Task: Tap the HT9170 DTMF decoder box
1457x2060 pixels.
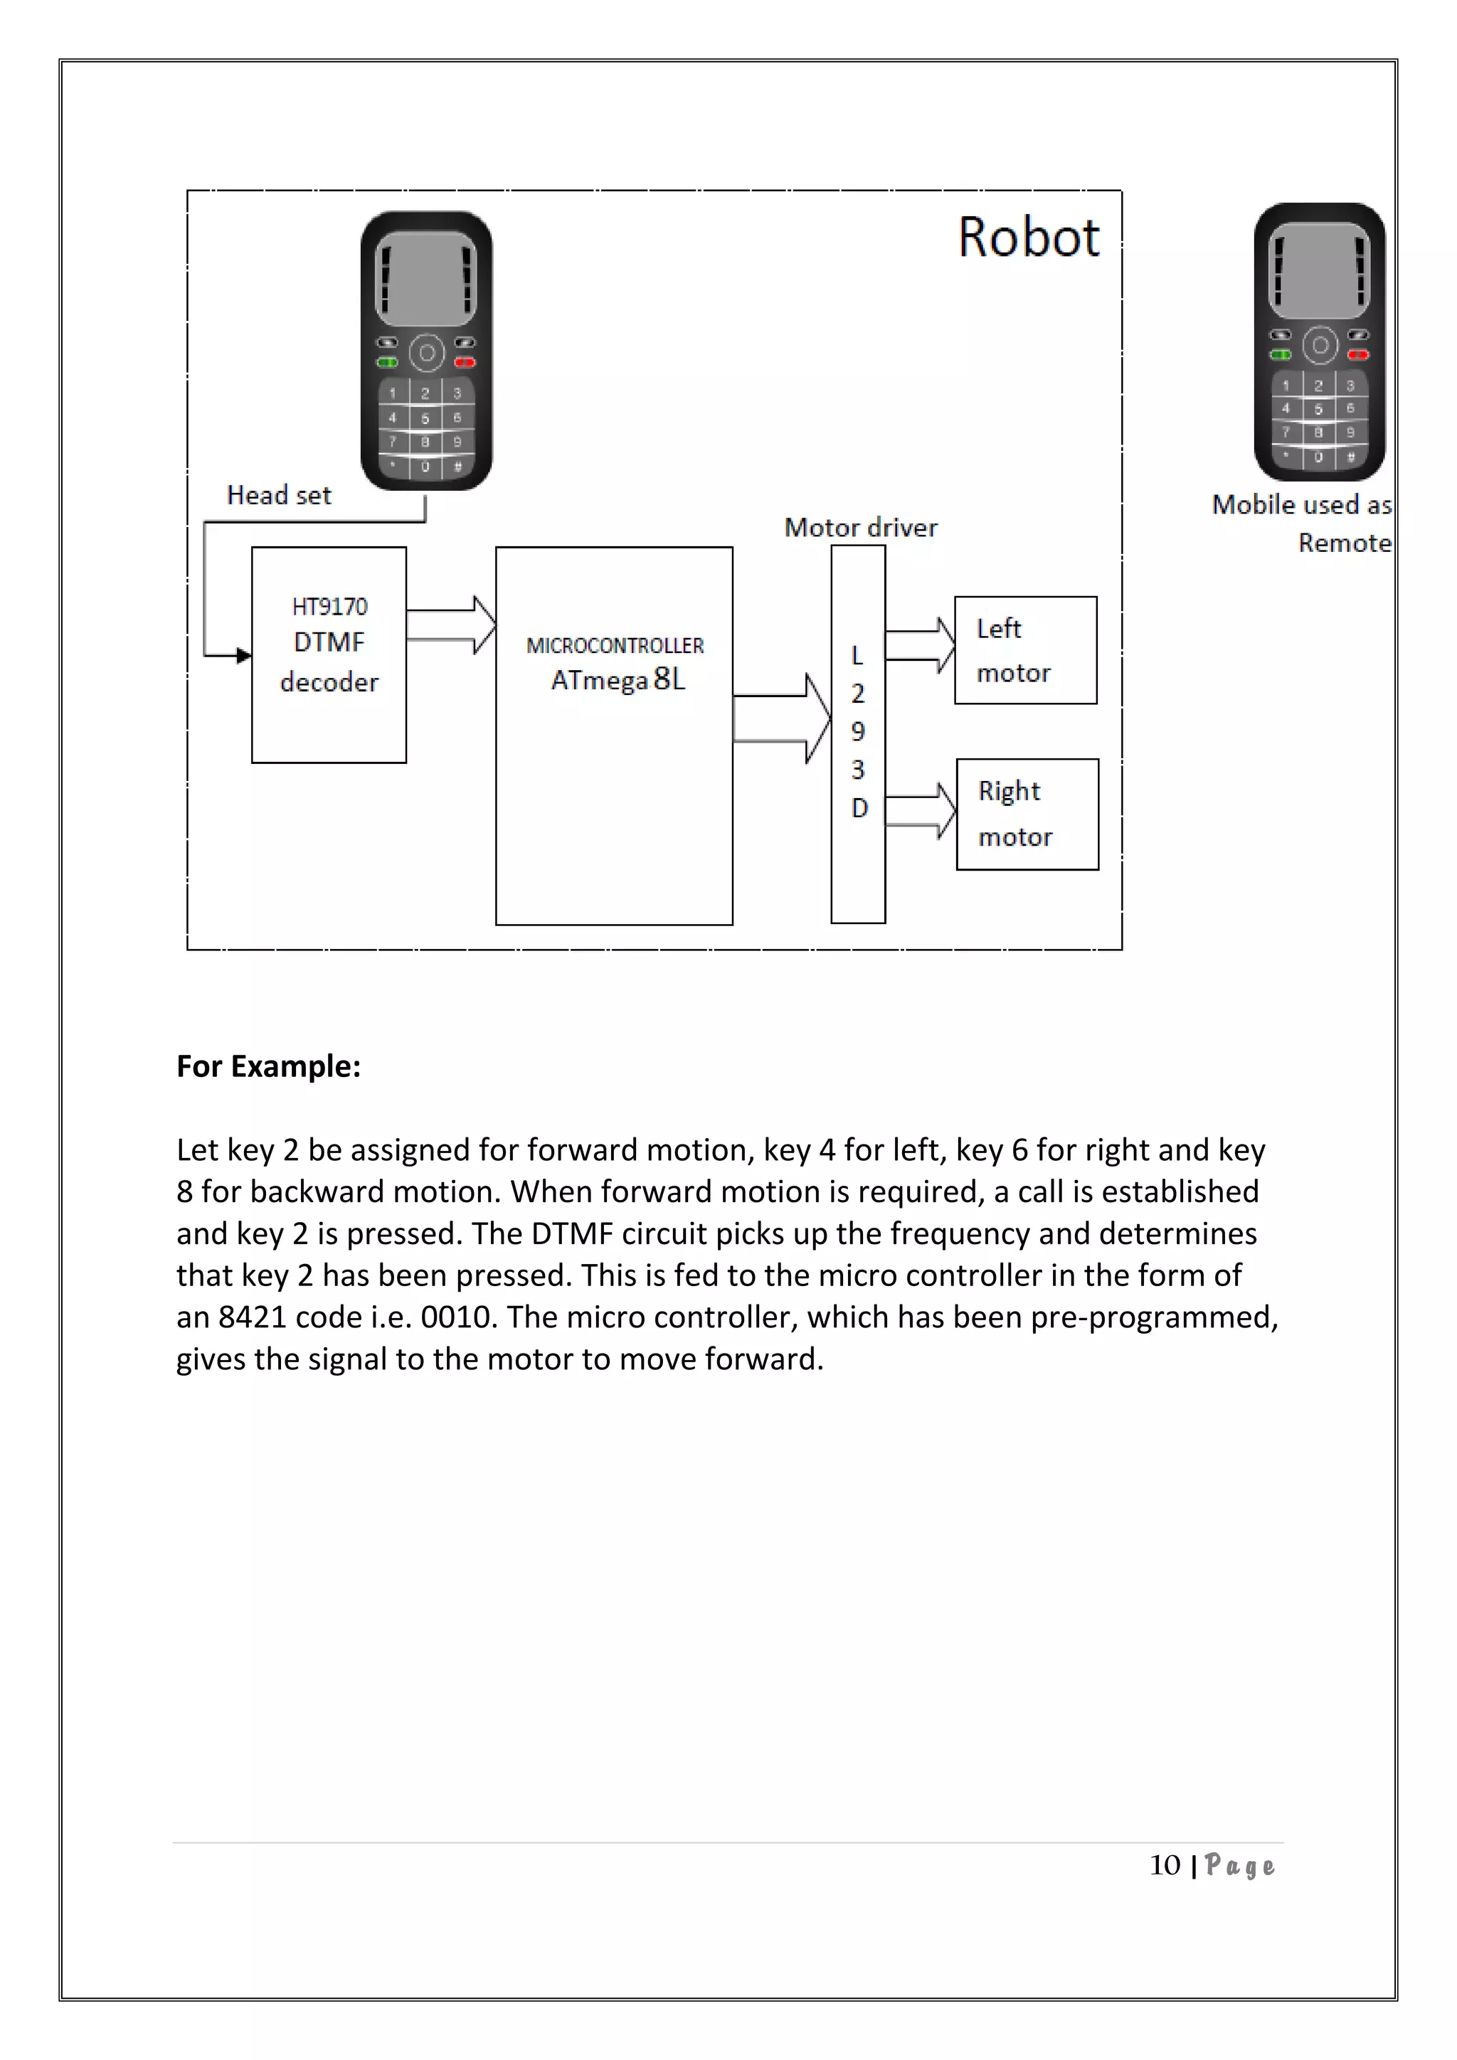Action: tap(329, 655)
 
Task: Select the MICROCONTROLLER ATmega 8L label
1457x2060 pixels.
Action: tap(615, 664)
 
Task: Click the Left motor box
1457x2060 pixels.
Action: tap(1024, 650)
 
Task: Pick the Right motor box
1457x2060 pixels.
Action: tap(1027, 814)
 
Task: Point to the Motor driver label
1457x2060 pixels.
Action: tap(859, 528)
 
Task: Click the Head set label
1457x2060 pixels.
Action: tap(278, 495)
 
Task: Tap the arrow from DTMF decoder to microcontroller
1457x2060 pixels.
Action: tap(451, 625)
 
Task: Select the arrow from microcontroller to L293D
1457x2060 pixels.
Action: tap(781, 718)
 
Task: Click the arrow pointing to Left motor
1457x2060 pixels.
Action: tap(921, 645)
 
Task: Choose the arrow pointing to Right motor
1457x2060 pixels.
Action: tap(921, 810)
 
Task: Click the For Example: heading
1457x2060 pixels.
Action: tap(268, 1066)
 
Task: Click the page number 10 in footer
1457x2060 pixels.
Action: tap(1165, 1865)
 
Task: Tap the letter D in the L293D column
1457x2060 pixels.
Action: tap(859, 808)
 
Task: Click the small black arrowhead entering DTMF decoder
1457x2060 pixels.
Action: tap(244, 656)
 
